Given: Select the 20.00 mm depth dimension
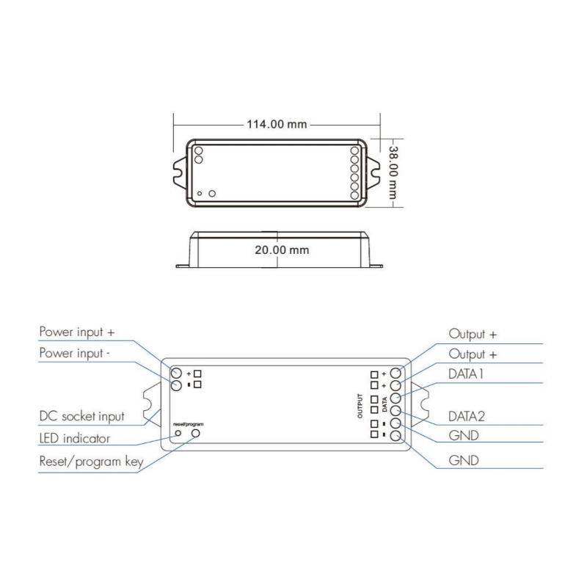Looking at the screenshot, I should (282, 249).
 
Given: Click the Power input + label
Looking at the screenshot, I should (77, 332).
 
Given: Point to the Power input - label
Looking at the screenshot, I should (76, 353).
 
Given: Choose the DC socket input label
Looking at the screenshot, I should (81, 416).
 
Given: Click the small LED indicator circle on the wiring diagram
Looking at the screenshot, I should (178, 434).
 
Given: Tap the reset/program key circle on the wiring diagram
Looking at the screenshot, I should (196, 434).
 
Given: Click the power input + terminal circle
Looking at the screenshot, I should (177, 372).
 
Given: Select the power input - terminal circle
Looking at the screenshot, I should (177, 385).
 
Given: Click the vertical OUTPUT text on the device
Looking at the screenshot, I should (360, 404).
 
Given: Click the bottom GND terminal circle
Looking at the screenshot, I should (395, 437).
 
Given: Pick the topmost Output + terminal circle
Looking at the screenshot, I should (395, 372).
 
